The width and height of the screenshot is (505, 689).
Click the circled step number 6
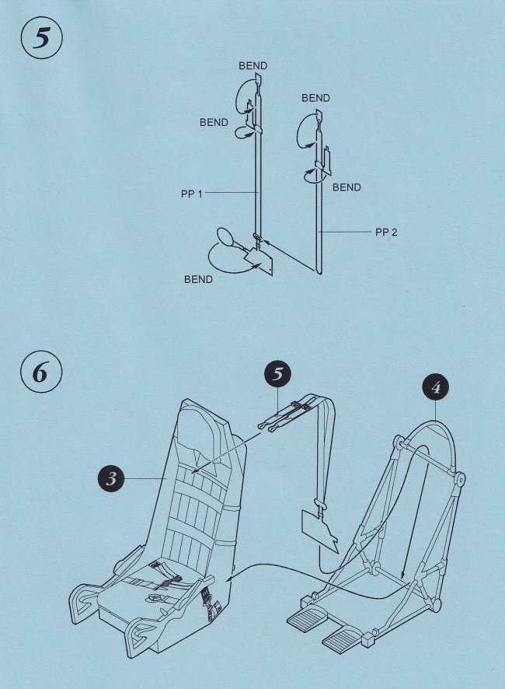pos(38,373)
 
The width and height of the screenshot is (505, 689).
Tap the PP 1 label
pos(191,194)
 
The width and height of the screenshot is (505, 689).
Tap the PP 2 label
pos(385,233)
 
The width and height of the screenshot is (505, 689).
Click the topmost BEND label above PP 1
pos(252,66)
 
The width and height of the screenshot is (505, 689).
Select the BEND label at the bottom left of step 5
pos(198,279)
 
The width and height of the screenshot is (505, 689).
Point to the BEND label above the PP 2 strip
pos(315,98)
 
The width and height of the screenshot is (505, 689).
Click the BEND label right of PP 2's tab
pos(347,187)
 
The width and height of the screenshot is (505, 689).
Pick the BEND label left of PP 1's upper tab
pos(214,122)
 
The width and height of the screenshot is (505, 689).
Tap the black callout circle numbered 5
pos(277,374)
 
